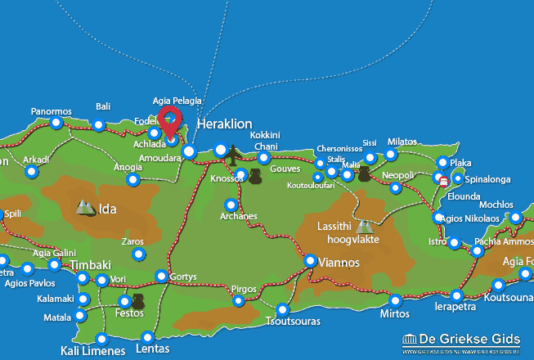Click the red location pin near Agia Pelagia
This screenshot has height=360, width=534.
(169, 121)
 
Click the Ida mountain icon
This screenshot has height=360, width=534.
(85, 208)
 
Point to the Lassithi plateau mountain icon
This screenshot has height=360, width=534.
(364, 226)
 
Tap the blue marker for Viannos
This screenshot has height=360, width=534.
(311, 261)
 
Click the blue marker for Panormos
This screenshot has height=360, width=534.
(56, 124)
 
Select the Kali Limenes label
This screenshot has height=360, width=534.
(92, 351)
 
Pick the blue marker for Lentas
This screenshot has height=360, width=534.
(148, 337)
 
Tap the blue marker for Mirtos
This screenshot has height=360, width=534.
(396, 300)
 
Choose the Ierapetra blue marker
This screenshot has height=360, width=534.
(456, 295)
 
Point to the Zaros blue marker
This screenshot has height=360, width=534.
(138, 255)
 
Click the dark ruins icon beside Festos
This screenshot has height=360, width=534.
(137, 303)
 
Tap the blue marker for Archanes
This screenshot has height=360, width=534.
(231, 205)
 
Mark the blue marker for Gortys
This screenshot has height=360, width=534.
(162, 277)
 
